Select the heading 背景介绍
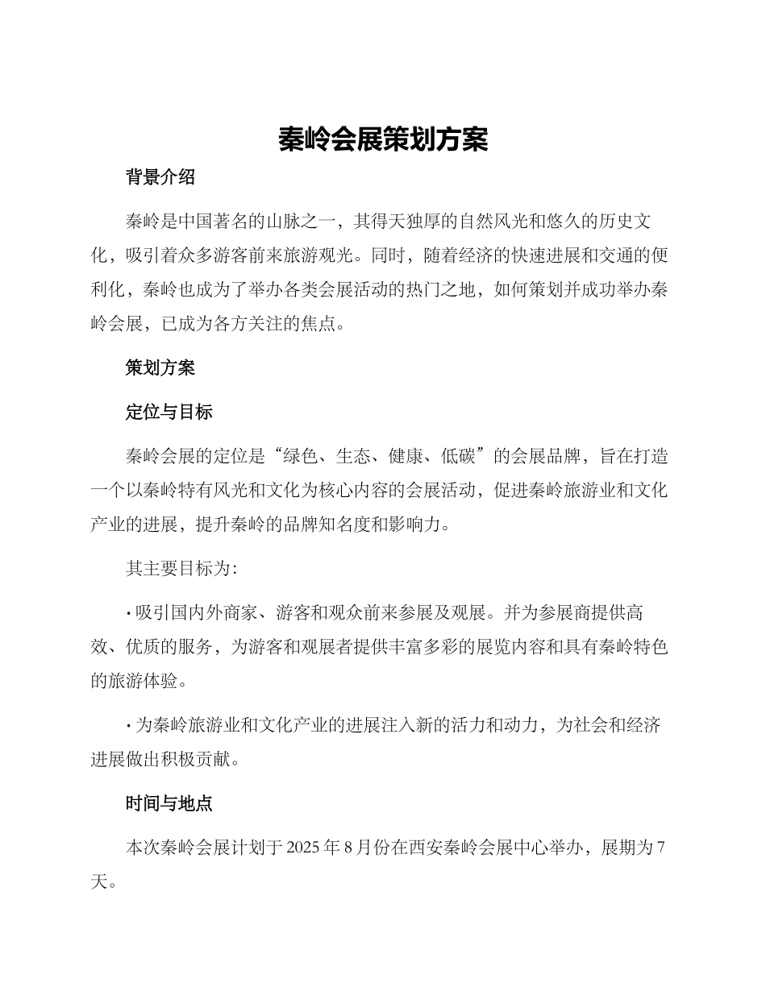click(160, 178)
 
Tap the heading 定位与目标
click(169, 413)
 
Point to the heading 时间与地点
click(169, 803)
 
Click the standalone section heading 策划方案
click(160, 369)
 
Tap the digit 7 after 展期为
click(660, 848)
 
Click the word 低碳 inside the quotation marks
click(459, 457)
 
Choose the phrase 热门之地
click(445, 291)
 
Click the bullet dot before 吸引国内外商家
click(129, 614)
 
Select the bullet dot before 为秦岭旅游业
click(129, 726)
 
